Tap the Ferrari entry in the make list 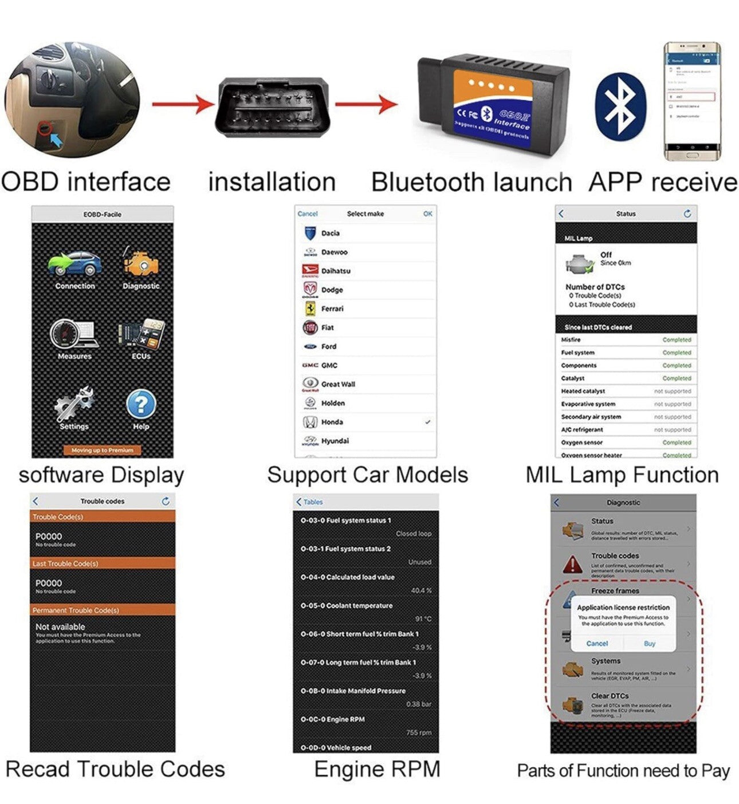point(332,309)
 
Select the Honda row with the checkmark point(365,422)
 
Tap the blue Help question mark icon point(140,405)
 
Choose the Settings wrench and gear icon point(74,404)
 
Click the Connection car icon point(75,265)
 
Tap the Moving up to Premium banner point(103,450)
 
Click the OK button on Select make point(427,214)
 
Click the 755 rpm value point(419,732)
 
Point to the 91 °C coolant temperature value point(423,619)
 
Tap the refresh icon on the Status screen point(687,214)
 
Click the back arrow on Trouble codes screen point(36,501)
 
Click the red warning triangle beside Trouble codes point(573,564)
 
